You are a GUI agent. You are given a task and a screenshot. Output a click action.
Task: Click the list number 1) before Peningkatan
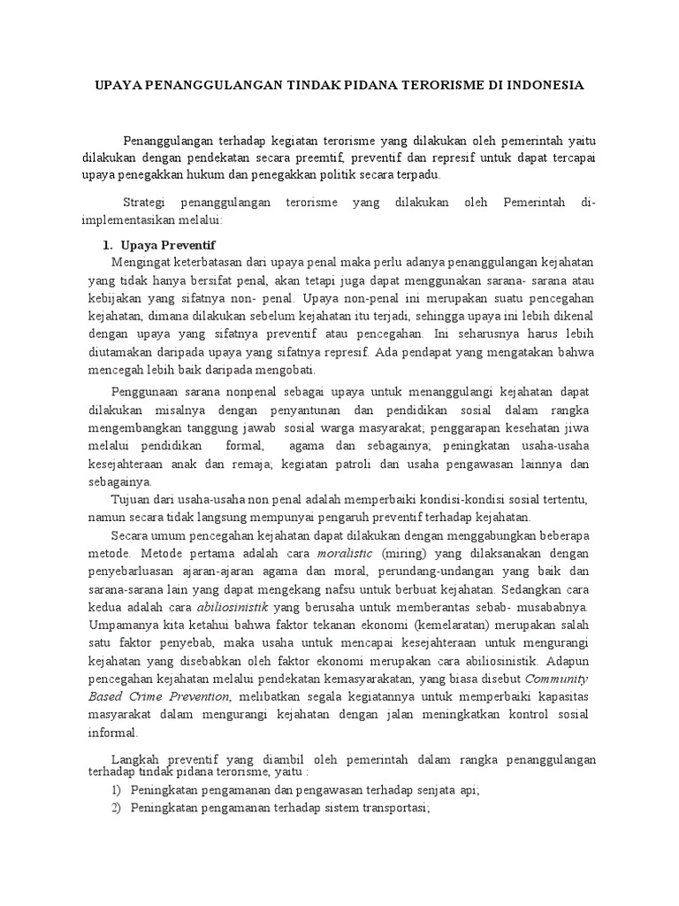pyautogui.click(x=116, y=790)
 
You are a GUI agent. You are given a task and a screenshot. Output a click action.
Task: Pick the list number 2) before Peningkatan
pyautogui.click(x=116, y=809)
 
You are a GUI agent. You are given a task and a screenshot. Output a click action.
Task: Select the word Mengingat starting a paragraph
pyautogui.click(x=141, y=263)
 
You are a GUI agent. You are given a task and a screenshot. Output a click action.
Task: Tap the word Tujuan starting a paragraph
pyautogui.click(x=131, y=500)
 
